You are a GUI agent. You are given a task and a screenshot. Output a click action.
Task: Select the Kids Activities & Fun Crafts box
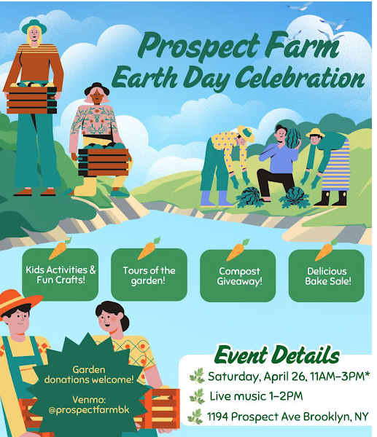click(x=61, y=275)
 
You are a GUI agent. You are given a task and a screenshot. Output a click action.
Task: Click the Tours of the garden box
click(x=149, y=275)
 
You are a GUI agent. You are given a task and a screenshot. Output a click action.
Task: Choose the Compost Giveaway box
click(x=238, y=276)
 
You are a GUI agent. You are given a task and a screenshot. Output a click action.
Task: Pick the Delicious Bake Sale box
click(x=327, y=276)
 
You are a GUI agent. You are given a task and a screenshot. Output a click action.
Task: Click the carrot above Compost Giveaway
click(x=237, y=250)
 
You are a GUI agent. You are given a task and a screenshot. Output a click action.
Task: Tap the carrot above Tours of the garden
click(x=149, y=248)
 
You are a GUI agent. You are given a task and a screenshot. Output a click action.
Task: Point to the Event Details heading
click(x=277, y=355)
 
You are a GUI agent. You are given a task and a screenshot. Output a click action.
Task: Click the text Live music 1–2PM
click(x=256, y=396)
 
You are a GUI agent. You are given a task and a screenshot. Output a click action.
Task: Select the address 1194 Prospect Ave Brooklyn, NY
click(x=287, y=417)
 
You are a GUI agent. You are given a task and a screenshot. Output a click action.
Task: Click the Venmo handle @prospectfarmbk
click(x=89, y=410)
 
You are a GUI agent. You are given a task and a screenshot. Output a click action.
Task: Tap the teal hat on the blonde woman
click(x=34, y=26)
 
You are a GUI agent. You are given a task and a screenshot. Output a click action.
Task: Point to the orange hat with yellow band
click(x=18, y=302)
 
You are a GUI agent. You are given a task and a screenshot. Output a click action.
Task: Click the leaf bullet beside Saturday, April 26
click(x=197, y=376)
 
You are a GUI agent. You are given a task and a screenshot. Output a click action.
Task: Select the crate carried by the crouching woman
click(x=104, y=162)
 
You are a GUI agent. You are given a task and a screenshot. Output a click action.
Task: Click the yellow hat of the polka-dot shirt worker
click(x=246, y=133)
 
